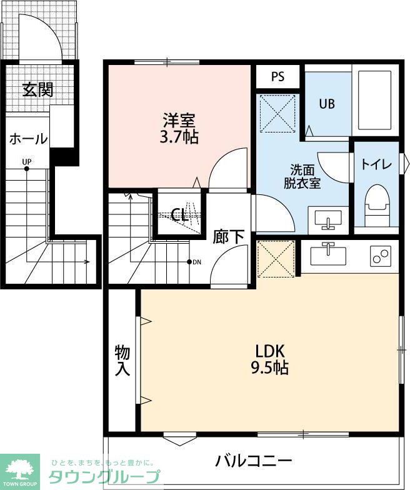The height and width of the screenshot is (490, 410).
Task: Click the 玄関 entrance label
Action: coord(37,90)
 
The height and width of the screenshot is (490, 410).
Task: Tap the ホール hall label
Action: coord(27,139)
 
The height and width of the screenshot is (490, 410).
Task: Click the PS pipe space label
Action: coord(278,77)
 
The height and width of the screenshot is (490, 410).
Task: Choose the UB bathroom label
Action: coord(327,104)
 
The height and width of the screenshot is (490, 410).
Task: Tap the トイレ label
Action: coord(376,165)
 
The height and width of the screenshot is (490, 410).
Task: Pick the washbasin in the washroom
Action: coord(327,220)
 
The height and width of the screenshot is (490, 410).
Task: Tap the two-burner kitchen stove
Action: coord(379,256)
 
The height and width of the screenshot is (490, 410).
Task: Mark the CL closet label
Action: coord(180,216)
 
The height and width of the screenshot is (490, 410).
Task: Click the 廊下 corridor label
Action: coord(229,237)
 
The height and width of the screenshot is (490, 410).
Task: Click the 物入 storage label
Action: coord(122,361)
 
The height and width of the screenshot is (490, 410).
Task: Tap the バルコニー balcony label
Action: coord(254,462)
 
